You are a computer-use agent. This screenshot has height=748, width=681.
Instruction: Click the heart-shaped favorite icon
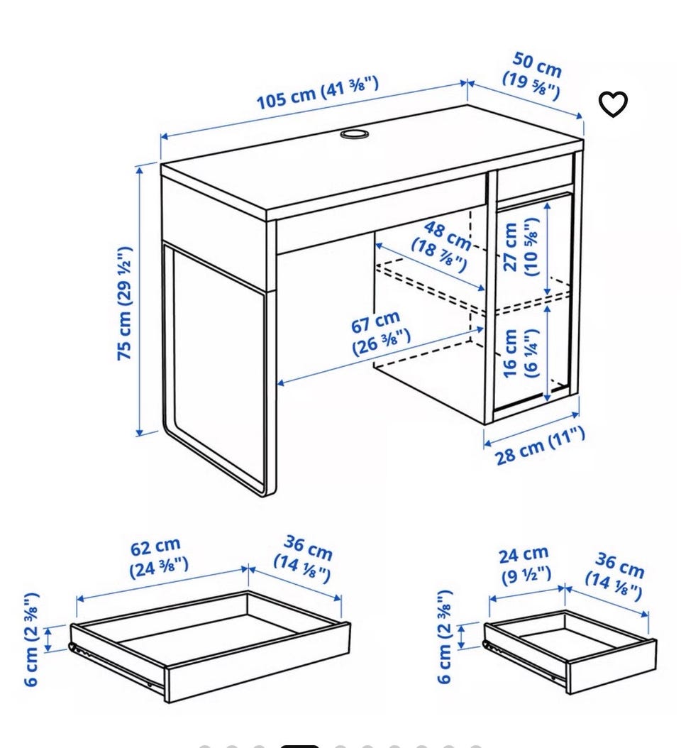point(613,104)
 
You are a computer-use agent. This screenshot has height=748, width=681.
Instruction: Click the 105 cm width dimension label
point(318,92)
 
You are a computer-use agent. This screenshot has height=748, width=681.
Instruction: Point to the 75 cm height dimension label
point(124,304)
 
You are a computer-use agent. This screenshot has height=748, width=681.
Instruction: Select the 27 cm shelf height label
point(521,247)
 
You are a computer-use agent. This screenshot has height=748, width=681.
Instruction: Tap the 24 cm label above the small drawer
point(525,566)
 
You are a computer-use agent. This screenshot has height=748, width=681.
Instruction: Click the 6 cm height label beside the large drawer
point(31,639)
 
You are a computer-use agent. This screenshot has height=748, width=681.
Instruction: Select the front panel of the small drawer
point(612,667)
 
